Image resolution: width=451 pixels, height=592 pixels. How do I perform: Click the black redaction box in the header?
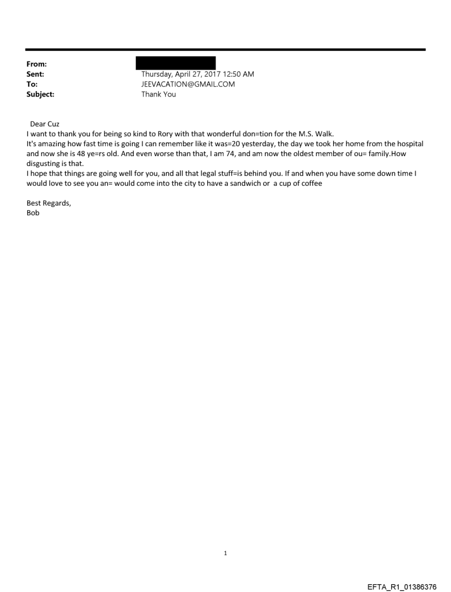[176, 62]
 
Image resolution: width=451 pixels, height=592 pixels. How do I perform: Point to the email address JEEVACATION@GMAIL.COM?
[188, 84]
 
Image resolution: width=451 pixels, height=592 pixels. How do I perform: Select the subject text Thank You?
[159, 94]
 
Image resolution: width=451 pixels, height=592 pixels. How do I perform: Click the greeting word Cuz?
[53, 124]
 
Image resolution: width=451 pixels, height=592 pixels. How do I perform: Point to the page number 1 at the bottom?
[225, 553]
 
